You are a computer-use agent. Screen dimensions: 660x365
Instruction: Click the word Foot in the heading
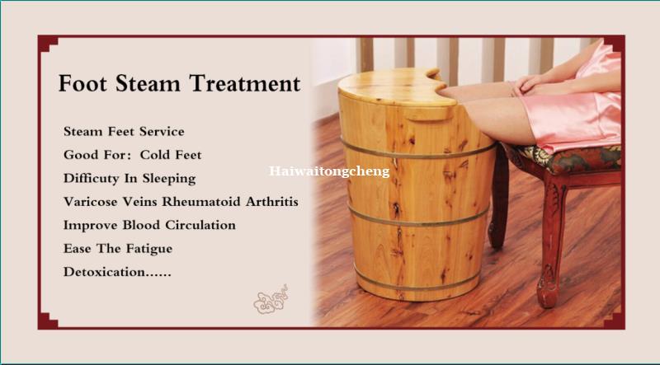(83, 83)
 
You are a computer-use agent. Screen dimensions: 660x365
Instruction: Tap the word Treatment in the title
(244, 83)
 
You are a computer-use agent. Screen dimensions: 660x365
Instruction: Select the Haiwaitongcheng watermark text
(329, 172)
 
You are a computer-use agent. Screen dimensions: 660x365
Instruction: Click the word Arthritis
(272, 202)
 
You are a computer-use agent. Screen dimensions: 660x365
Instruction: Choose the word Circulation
(200, 226)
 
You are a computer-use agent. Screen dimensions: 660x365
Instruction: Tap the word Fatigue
(149, 250)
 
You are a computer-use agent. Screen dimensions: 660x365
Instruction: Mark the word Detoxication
(104, 272)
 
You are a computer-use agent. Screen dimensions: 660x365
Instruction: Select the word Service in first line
(162, 132)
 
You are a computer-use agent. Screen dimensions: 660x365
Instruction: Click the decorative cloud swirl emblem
(271, 300)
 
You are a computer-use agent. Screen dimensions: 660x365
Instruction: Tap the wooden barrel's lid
(395, 87)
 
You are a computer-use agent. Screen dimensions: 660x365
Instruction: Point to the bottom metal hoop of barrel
(417, 283)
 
